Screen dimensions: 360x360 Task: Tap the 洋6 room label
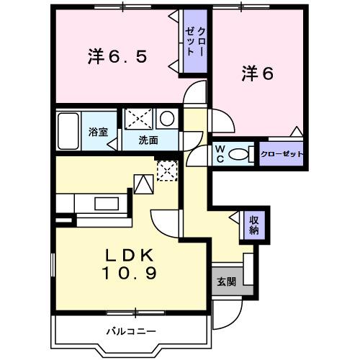(x=258, y=73)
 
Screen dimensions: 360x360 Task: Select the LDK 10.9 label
(x=131, y=264)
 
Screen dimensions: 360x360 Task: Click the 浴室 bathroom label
(x=97, y=132)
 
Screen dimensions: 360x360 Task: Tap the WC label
(x=220, y=153)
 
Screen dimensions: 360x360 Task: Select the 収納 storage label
(x=254, y=225)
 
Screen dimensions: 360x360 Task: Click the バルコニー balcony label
(x=131, y=331)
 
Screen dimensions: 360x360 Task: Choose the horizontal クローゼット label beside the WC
(x=280, y=154)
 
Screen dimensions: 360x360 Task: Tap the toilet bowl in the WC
(x=243, y=153)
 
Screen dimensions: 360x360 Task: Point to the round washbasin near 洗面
(x=166, y=119)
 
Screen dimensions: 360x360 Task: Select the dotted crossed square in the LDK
(x=166, y=170)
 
